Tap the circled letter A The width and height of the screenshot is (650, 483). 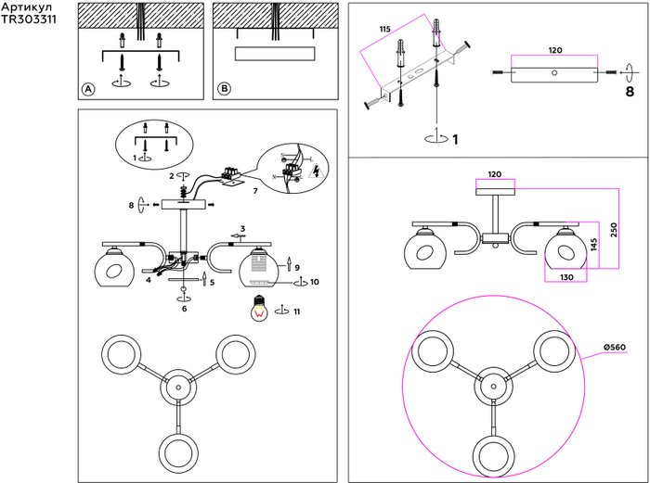(88, 89)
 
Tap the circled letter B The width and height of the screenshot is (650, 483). (224, 89)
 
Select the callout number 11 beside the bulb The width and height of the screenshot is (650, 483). (297, 311)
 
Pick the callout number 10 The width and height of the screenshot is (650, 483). (314, 281)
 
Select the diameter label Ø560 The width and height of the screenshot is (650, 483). (612, 347)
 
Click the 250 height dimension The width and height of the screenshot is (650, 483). (614, 229)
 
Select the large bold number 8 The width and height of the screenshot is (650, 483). (629, 93)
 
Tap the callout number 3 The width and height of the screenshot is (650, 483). (242, 228)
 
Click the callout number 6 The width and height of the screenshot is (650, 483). (184, 309)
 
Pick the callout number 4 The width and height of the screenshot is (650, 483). (148, 278)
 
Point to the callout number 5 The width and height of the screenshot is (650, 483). (213, 282)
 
